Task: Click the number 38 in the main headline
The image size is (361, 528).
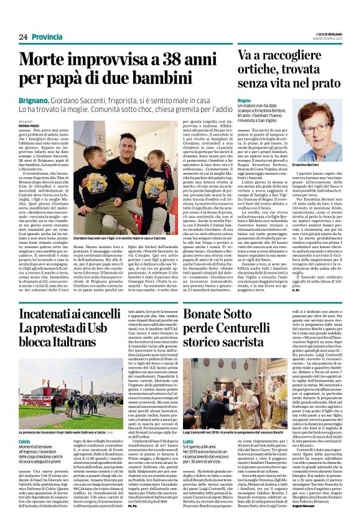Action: (x=172, y=60)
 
